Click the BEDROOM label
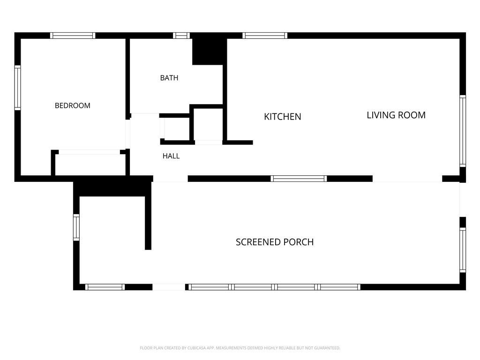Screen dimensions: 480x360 point(73,105)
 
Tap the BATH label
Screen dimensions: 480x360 point(169,78)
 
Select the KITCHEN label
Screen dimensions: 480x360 point(283,117)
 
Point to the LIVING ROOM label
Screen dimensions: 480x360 point(396,115)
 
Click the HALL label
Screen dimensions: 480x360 point(171,156)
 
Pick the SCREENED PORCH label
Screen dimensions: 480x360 point(275,242)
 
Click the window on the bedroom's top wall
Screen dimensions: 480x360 point(73,36)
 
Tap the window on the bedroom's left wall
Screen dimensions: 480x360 point(18,88)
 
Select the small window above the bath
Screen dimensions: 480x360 point(181,36)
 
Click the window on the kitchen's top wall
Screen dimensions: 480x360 point(265,36)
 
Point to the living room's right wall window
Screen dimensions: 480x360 point(463,131)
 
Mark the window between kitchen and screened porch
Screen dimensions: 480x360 point(299,179)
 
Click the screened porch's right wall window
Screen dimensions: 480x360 point(463,250)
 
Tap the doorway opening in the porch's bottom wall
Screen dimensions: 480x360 point(169,287)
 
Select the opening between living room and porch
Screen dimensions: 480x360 point(407,179)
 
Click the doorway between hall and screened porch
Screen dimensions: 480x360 point(170,179)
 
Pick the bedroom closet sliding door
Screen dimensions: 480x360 point(90,152)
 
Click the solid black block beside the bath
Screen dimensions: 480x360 point(208,52)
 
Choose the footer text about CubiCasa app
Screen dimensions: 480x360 point(240,348)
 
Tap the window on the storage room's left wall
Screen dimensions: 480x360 point(76,227)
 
